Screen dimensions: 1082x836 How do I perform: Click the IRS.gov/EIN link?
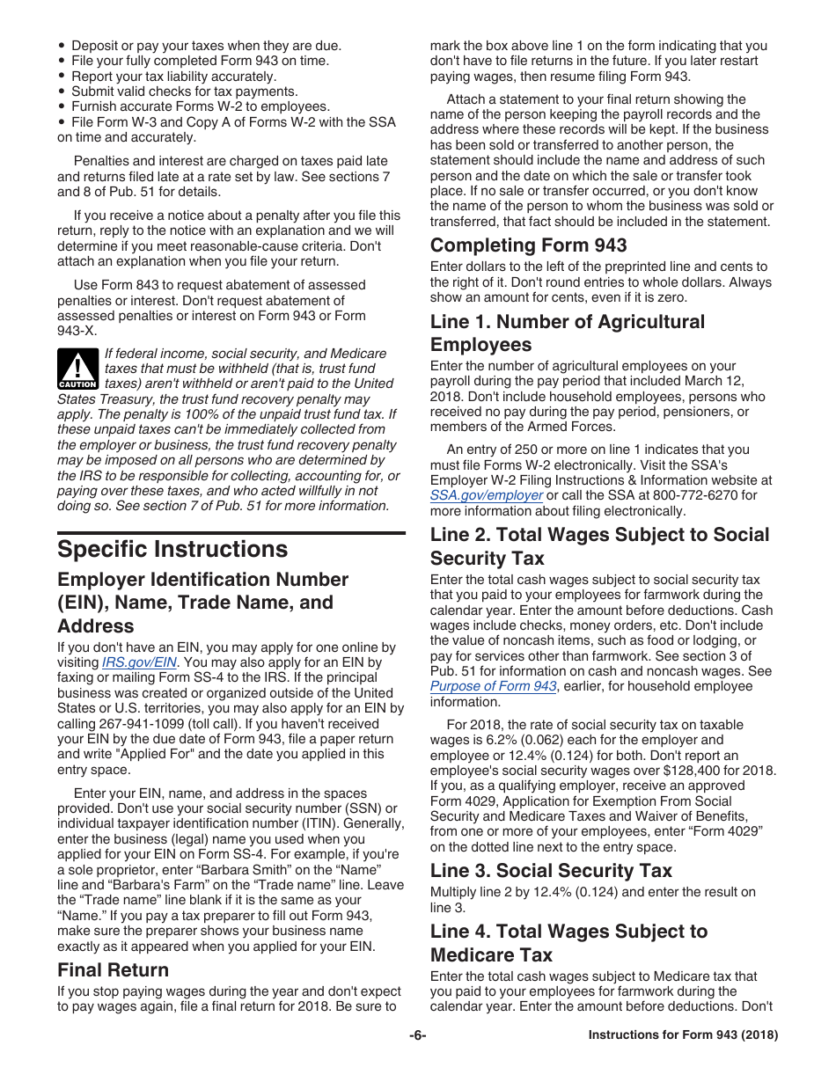tap(140, 662)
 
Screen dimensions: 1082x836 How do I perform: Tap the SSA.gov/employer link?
tap(486, 495)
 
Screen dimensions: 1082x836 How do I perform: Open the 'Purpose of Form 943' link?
tap(493, 686)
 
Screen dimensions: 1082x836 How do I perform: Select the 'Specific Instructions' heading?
tap(172, 549)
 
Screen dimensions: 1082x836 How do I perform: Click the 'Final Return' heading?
tap(113, 969)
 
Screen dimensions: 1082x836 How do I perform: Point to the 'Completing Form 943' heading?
tap(528, 245)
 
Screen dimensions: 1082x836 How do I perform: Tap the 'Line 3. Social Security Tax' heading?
tap(551, 870)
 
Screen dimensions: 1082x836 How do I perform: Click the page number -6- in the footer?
tap(417, 1035)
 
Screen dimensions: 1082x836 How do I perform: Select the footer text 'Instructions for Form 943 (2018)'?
tap(683, 1035)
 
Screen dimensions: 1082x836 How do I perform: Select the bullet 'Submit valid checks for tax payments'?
tap(184, 91)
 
